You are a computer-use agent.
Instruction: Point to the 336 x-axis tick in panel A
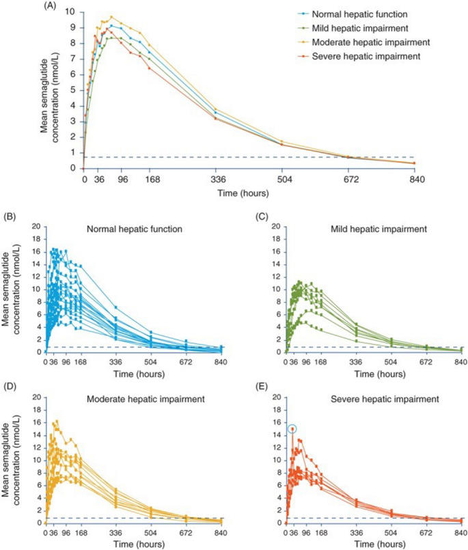pyautogui.click(x=216, y=180)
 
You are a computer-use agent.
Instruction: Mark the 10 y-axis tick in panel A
pyautogui.click(x=71, y=12)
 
